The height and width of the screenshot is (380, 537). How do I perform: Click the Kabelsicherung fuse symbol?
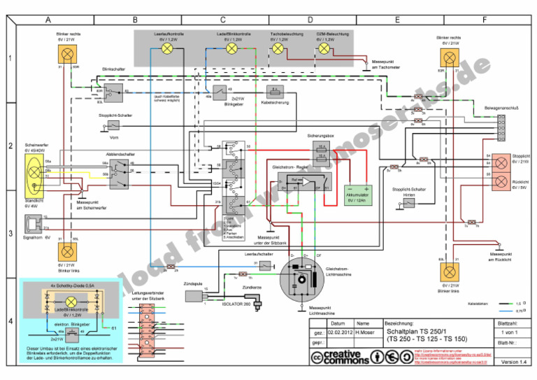click(x=275, y=91)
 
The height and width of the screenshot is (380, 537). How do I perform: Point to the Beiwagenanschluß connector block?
click(x=501, y=127)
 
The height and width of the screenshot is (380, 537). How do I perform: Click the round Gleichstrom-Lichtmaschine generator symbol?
click(x=303, y=281)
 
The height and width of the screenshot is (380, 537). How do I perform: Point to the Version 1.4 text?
click(x=513, y=362)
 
